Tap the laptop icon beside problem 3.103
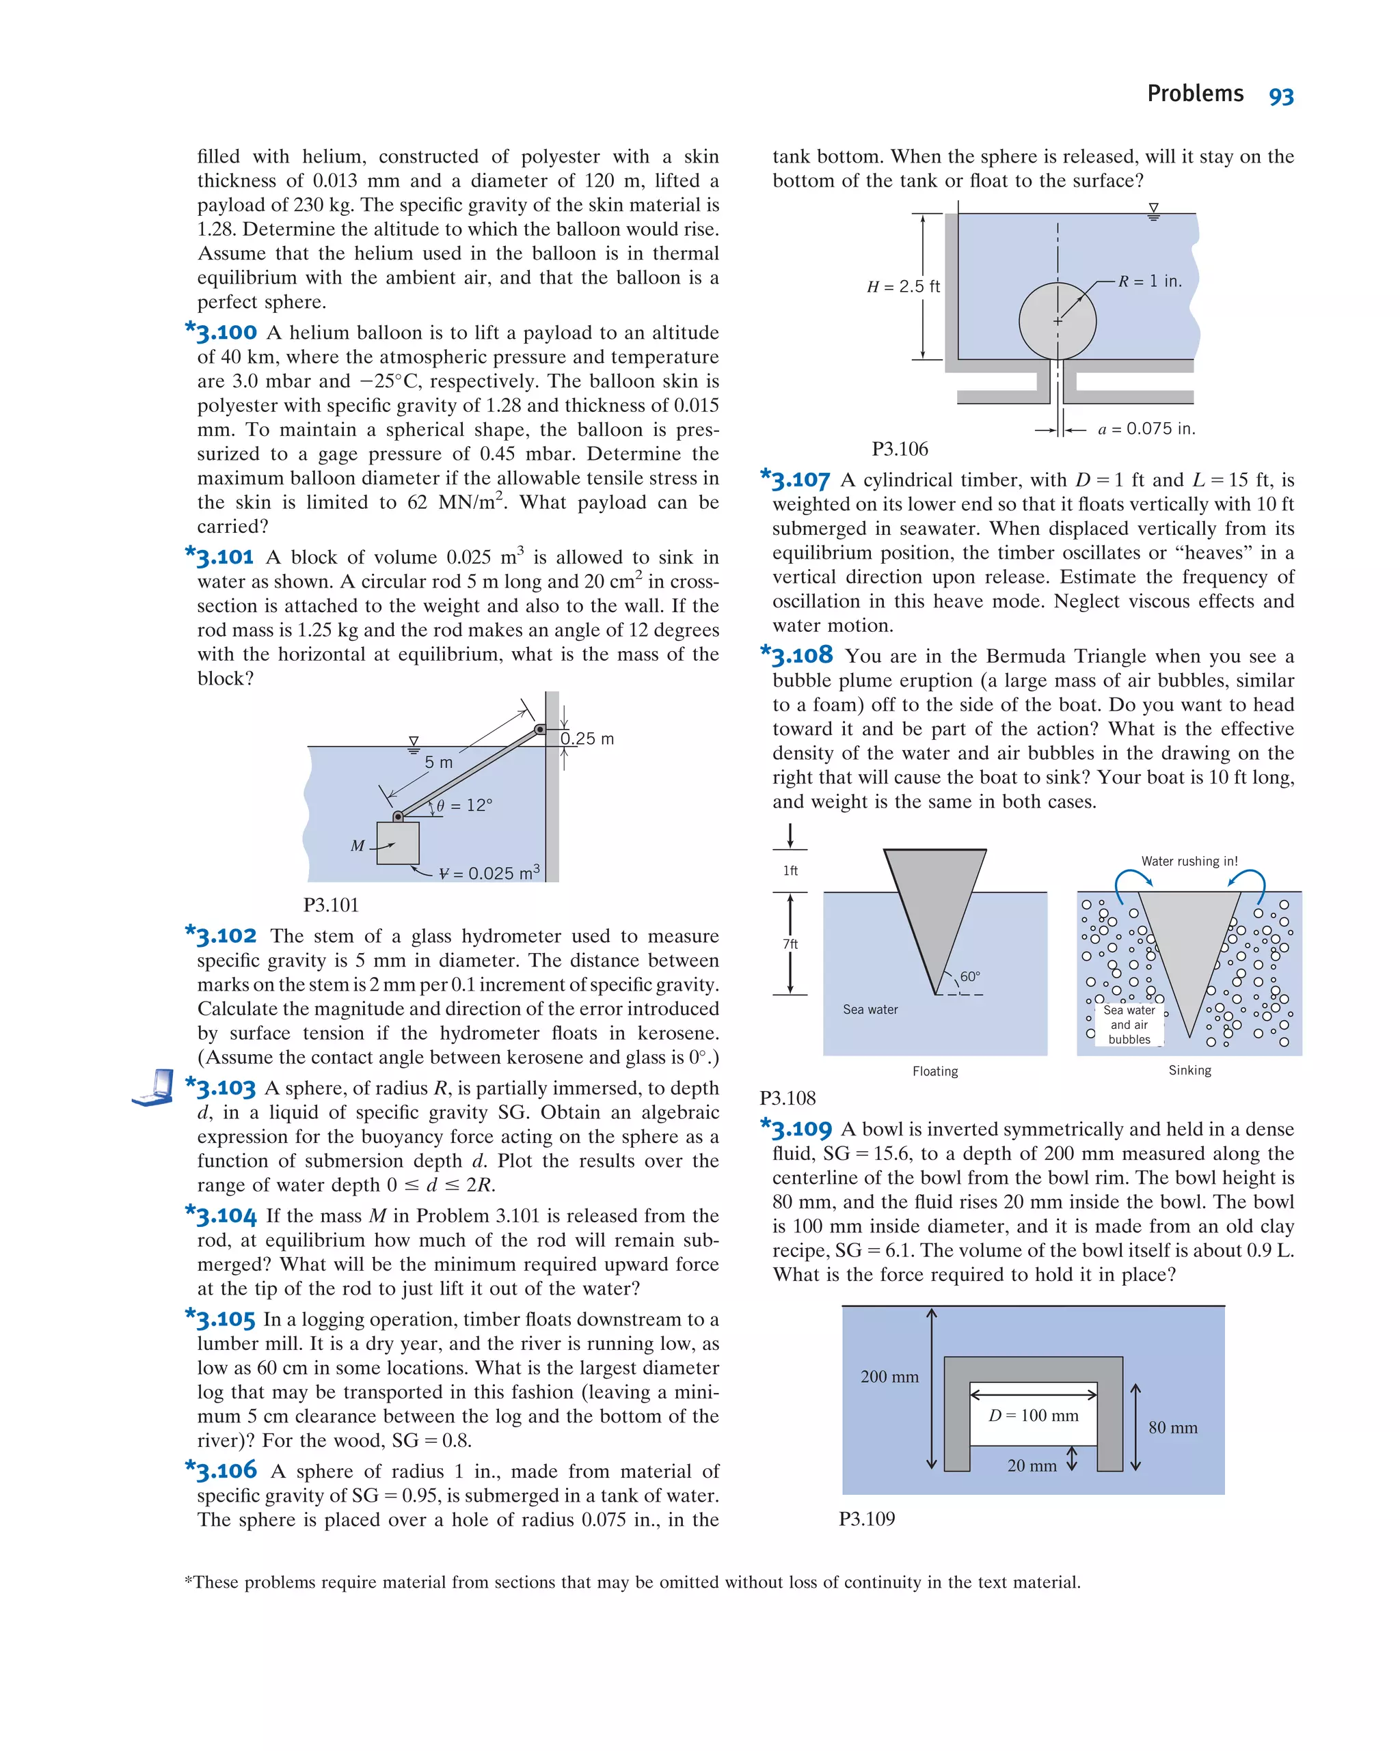154,1088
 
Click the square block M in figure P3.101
398,843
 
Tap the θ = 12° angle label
464,805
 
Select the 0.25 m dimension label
587,739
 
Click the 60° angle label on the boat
969,976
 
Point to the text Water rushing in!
1189,861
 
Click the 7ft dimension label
790,943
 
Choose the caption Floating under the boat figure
934,1071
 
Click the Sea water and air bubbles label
1129,1024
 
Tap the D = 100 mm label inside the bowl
1033,1416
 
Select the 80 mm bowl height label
1172,1427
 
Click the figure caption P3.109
866,1519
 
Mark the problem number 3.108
801,654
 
